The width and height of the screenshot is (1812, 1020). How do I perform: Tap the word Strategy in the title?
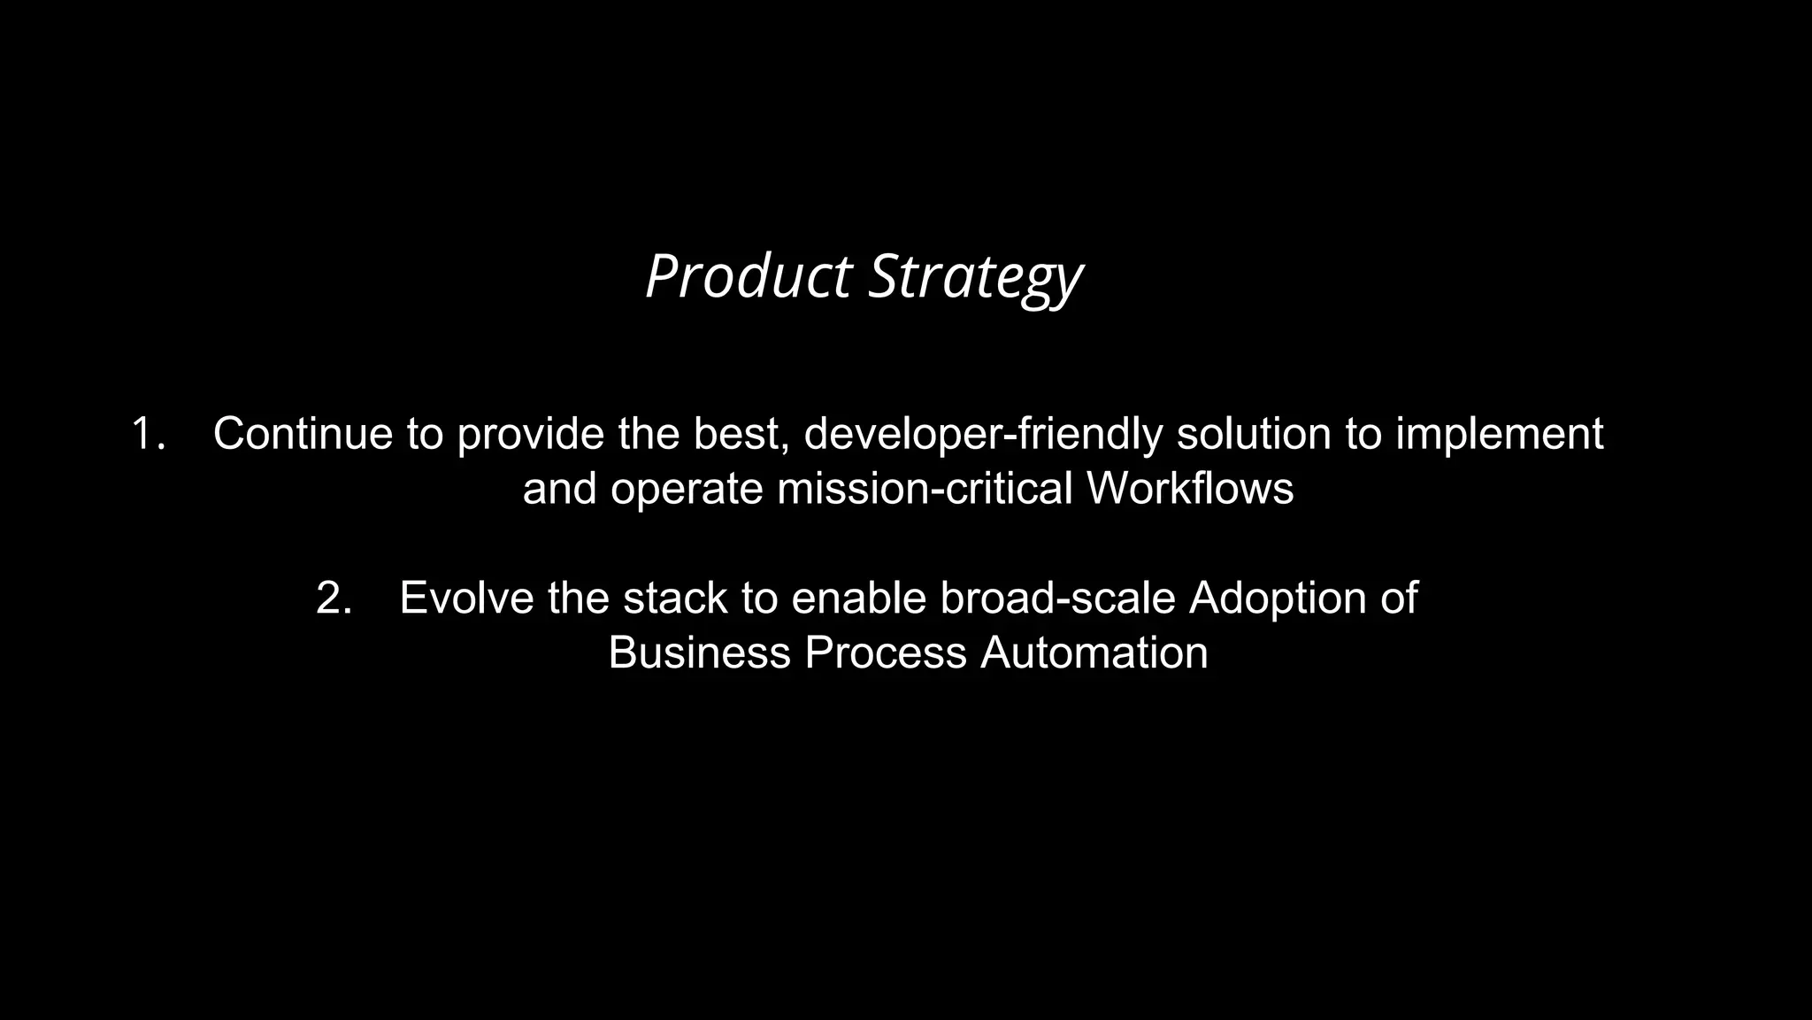[975, 277]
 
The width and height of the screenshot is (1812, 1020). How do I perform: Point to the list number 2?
[334, 599]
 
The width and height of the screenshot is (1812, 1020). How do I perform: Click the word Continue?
[303, 434]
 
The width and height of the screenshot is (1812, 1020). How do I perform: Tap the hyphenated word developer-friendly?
[983, 434]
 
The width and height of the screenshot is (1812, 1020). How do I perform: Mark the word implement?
[1500, 434]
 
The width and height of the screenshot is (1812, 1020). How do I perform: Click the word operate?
[687, 489]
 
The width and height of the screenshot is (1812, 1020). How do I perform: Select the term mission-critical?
[925, 489]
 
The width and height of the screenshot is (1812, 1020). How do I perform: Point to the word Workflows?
[1190, 489]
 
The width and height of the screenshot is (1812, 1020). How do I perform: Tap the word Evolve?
[467, 599]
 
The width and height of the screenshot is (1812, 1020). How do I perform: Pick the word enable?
[858, 599]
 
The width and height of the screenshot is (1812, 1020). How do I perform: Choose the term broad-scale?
[1057, 599]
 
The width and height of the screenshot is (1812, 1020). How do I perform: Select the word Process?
[885, 653]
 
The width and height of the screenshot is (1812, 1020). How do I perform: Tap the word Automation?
[1094, 653]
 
